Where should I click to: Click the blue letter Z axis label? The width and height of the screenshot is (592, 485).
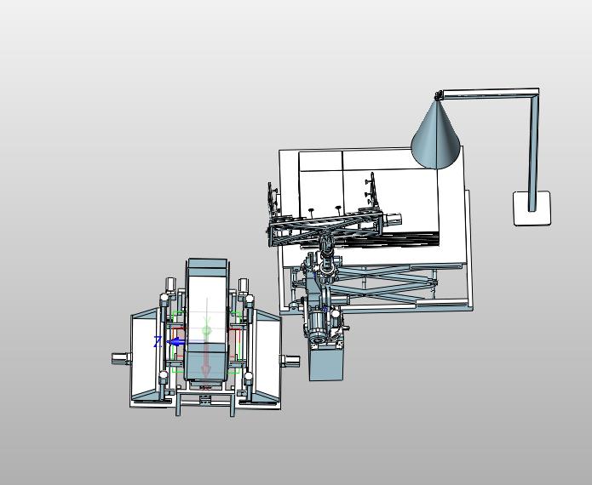(x=158, y=342)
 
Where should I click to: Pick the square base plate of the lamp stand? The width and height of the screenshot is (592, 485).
(x=532, y=208)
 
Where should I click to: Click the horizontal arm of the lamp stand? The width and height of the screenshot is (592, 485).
(x=489, y=93)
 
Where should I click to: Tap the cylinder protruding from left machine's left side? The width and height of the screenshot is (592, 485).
(x=121, y=358)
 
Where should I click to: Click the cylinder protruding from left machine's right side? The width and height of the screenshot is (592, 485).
(x=290, y=361)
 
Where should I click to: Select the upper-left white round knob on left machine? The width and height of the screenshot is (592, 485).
(x=164, y=298)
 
